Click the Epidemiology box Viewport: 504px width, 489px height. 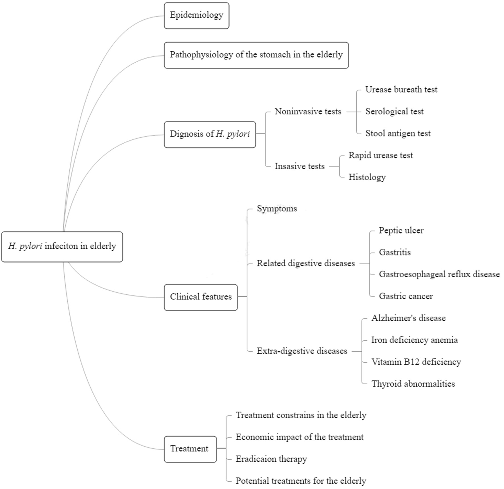tap(197, 16)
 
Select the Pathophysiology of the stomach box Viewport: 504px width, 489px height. tap(256, 55)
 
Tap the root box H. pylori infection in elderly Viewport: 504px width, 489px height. tap(62, 247)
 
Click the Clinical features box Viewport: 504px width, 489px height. tap(201, 297)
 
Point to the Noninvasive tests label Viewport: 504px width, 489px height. tap(308, 112)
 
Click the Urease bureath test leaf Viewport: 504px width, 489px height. tap(401, 90)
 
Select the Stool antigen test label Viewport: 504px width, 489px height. tap(398, 133)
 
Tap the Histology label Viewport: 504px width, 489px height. tap(367, 177)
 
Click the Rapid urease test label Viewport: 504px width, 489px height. tap(381, 155)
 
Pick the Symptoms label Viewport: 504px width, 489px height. tap(277, 209)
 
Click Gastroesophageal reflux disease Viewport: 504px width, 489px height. tap(439, 275)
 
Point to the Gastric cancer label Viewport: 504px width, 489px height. tap(406, 296)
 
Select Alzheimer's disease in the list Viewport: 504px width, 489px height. tap(408, 318)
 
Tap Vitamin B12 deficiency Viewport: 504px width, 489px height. tap(416, 362)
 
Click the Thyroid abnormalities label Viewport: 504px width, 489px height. tap(413, 384)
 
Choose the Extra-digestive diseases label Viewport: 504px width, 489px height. tap(302, 351)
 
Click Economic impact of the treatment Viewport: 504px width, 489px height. tap(299, 437)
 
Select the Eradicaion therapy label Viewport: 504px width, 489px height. tap(271, 459)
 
